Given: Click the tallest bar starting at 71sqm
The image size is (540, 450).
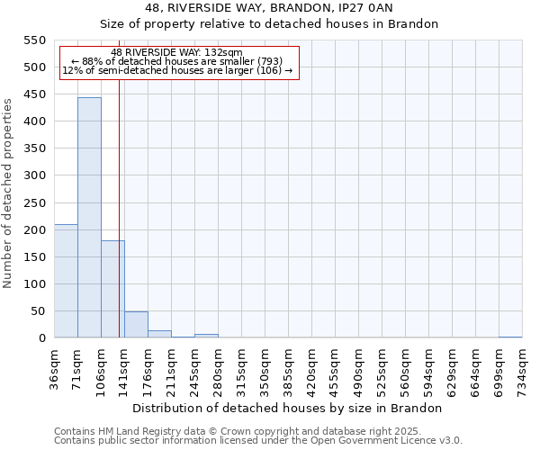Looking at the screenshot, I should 89,218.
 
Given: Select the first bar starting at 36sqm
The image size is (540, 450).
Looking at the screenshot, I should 66,281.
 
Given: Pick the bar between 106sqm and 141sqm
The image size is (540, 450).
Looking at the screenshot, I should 112,289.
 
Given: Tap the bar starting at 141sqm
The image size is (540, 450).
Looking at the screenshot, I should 136,325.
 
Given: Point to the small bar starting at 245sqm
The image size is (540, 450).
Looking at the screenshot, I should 206,336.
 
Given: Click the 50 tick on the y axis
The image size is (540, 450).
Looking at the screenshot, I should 38,311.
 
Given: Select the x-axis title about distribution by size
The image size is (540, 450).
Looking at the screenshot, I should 287,408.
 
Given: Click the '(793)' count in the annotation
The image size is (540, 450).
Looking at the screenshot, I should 267,61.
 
